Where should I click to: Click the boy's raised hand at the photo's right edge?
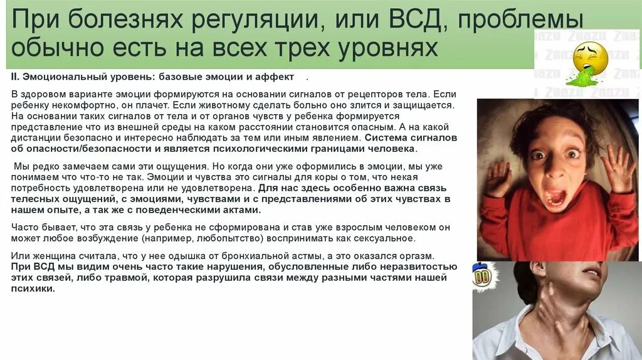click(617, 168)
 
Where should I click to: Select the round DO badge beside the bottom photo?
click(481, 277)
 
